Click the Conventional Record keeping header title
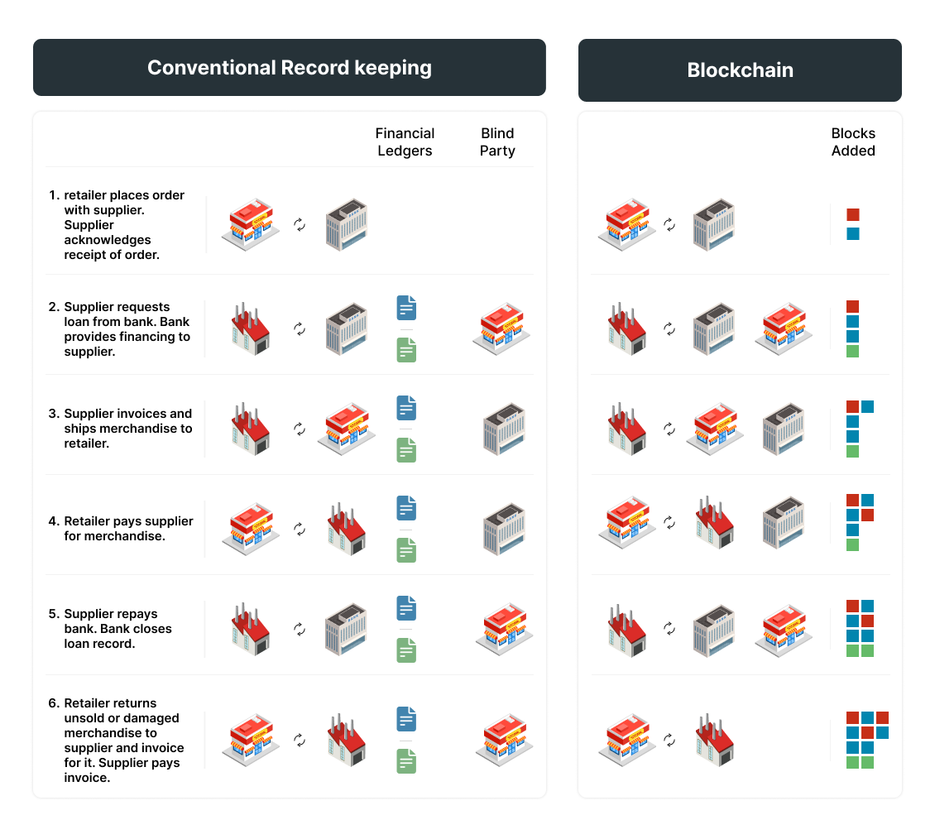click(x=289, y=67)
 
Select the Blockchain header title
click(x=740, y=70)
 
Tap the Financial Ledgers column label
click(x=405, y=142)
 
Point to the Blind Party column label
click(x=497, y=142)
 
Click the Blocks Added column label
click(x=853, y=142)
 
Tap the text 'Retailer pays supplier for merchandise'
click(x=128, y=529)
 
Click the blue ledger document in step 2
click(x=406, y=308)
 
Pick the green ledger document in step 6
click(x=406, y=761)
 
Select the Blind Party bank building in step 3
click(x=504, y=429)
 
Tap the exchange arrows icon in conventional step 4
click(x=300, y=529)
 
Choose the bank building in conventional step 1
click(x=346, y=223)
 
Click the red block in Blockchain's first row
click(x=853, y=214)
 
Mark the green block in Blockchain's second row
click(x=853, y=352)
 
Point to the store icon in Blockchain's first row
click(x=627, y=224)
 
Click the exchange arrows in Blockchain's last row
click(x=669, y=739)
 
